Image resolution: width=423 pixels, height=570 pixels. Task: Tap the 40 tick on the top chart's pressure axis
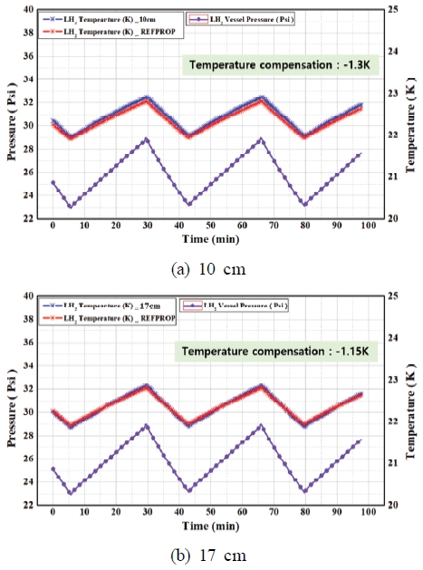click(x=26, y=9)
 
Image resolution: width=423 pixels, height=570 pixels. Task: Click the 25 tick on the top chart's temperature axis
click(x=390, y=9)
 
